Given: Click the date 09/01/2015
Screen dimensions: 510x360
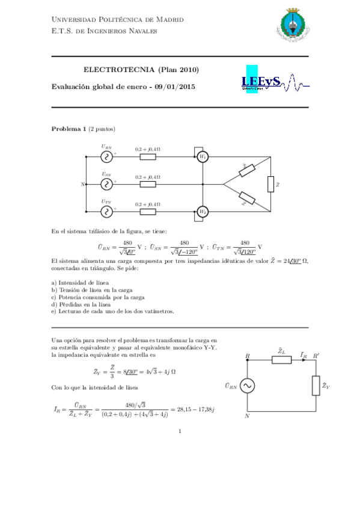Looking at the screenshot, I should (x=174, y=87).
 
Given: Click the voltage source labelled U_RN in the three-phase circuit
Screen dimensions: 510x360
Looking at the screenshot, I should (x=107, y=157).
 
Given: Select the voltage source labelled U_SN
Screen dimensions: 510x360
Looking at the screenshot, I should (x=107, y=184).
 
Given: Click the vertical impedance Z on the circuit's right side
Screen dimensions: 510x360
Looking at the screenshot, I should (x=270, y=183).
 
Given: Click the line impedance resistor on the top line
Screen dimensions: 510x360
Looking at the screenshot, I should (x=147, y=157).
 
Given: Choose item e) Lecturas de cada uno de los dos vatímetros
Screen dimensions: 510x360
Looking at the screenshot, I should (x=113, y=312).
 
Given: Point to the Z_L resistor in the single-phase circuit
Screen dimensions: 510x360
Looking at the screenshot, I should (x=281, y=360).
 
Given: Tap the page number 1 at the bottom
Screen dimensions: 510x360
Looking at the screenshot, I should (x=180, y=431).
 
